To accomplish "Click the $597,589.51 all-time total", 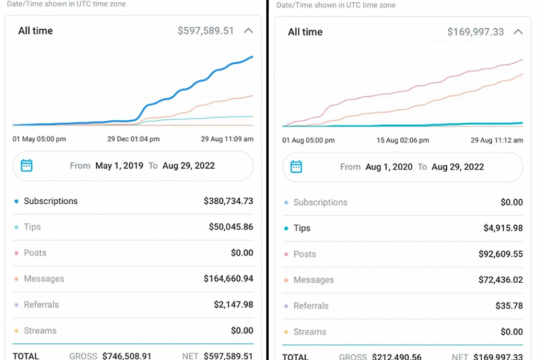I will tap(205, 31).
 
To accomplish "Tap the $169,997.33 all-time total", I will tap(475, 32).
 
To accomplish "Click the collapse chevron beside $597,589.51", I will tap(248, 31).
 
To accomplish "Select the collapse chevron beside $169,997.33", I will tap(518, 32).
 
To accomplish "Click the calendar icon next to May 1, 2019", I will tap(27, 165).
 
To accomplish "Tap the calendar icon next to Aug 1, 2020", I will tap(296, 167).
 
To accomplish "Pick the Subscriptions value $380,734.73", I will tap(228, 201).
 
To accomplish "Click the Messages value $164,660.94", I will tap(228, 279).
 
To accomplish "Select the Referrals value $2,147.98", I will tap(234, 305).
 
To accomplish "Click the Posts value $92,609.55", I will tap(498, 254).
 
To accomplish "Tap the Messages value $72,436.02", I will tap(498, 280).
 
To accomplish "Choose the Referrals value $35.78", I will tap(509, 306).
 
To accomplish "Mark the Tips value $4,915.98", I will tap(500, 228).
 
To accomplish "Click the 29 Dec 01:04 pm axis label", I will tap(133, 139).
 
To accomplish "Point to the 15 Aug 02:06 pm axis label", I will tap(402, 140).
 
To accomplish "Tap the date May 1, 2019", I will tap(118, 166).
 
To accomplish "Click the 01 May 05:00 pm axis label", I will tap(40, 139).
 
